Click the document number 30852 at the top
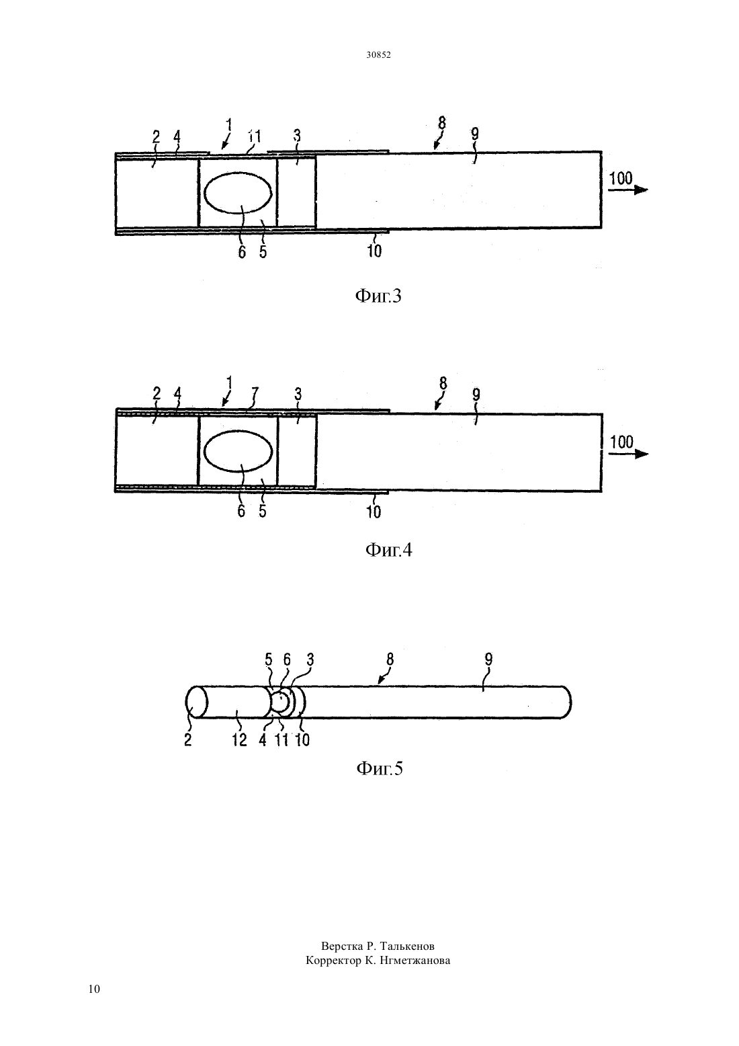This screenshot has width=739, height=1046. click(x=378, y=55)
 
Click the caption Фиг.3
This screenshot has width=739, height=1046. click(x=378, y=296)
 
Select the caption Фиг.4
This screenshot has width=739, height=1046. click(x=388, y=550)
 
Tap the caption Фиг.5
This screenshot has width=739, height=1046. click(x=380, y=768)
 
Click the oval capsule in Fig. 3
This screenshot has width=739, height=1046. click(x=238, y=193)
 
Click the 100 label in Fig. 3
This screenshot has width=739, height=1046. click(x=621, y=178)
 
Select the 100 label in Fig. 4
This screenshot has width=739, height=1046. click(x=622, y=442)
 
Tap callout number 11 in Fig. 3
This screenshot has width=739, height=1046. click(x=254, y=136)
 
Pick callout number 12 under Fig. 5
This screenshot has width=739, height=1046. click(x=239, y=739)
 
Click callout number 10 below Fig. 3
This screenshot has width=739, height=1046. click(x=374, y=251)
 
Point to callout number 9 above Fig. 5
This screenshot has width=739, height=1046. click(x=488, y=659)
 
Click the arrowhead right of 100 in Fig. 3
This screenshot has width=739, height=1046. click(x=642, y=190)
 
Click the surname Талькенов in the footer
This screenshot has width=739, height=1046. click(x=407, y=947)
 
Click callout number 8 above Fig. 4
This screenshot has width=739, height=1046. click(x=443, y=383)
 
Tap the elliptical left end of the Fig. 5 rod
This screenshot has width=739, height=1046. click(x=196, y=702)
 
